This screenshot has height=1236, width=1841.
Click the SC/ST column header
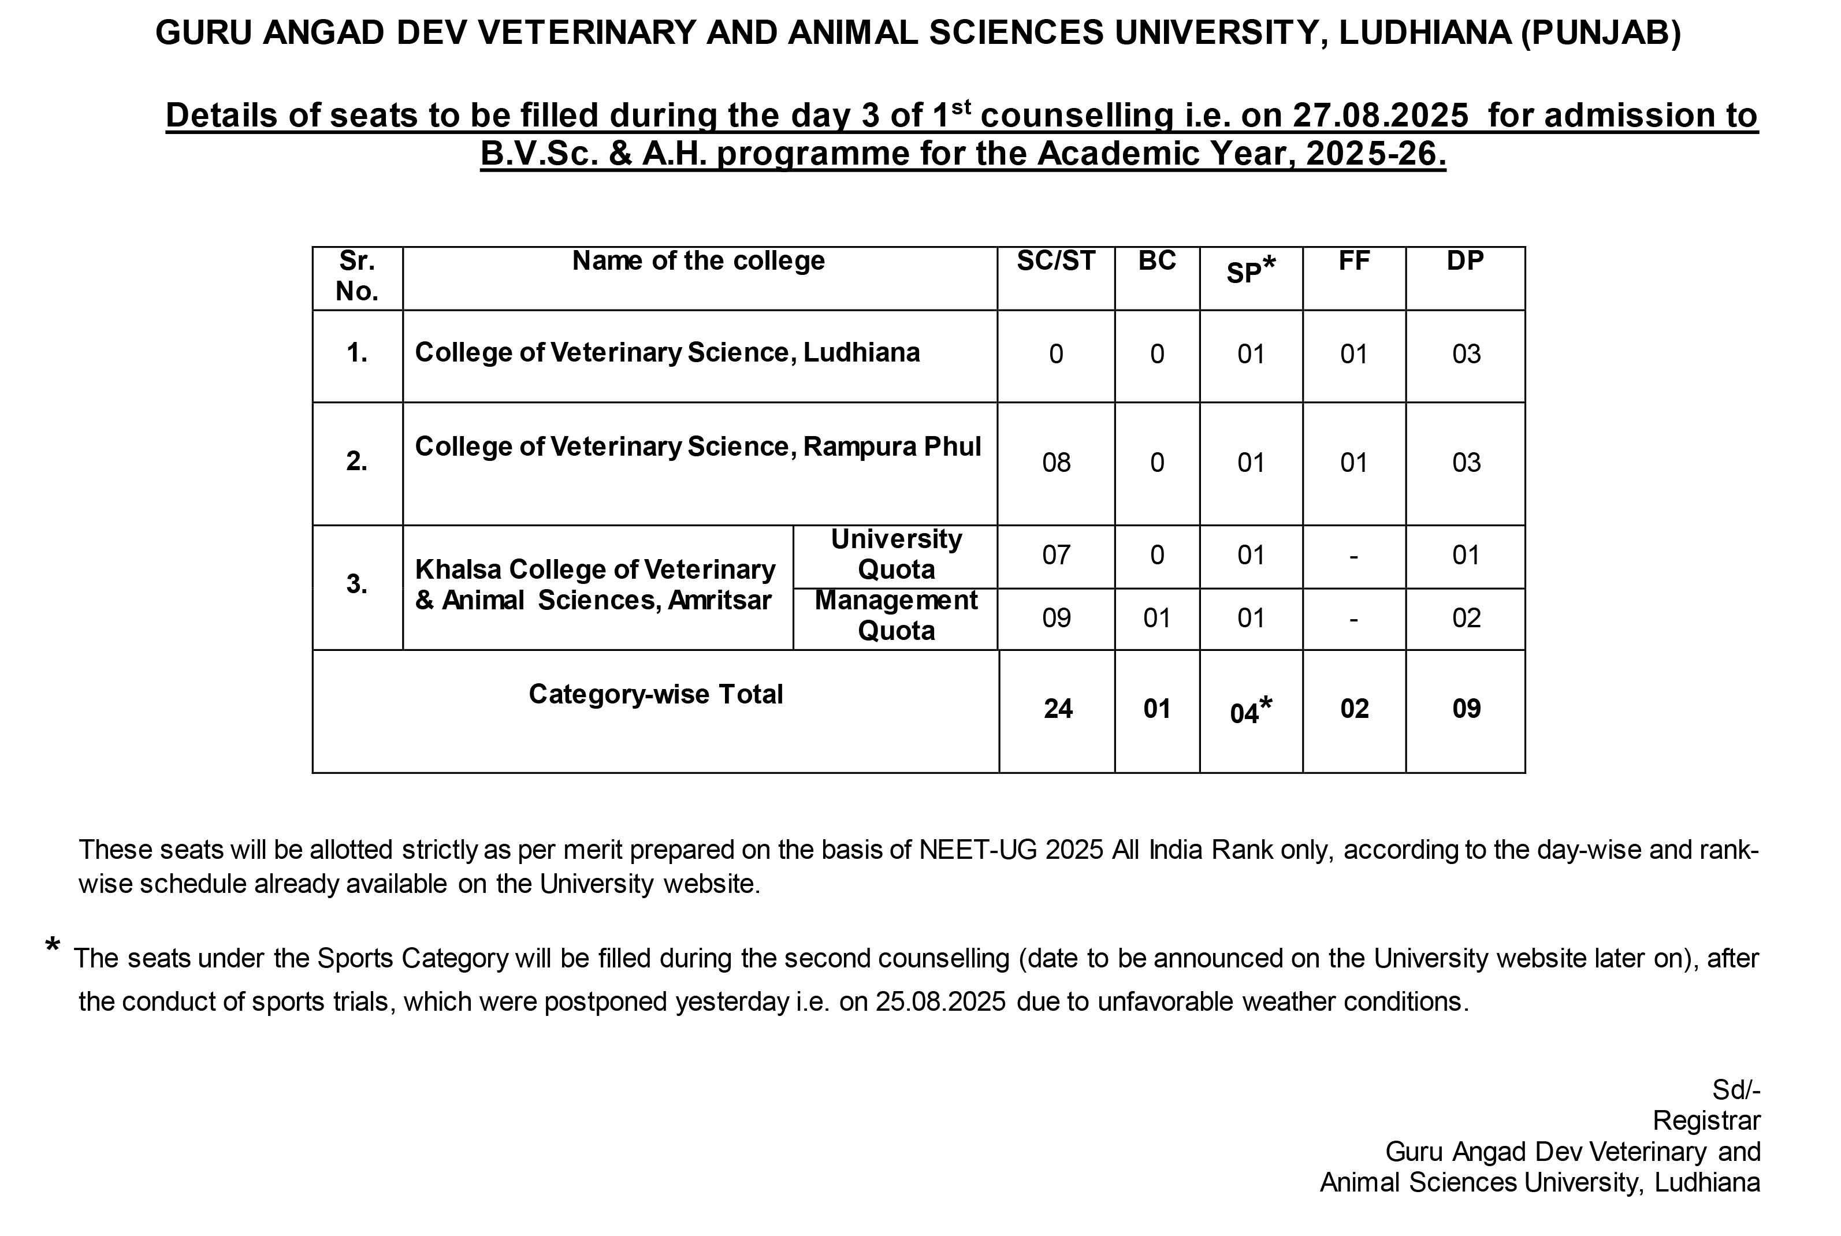click(1056, 261)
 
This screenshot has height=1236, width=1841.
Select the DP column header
click(1465, 261)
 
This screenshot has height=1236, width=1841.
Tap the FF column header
click(1354, 261)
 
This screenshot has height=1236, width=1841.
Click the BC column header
click(1156, 261)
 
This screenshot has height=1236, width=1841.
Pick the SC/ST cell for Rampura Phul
click(1056, 463)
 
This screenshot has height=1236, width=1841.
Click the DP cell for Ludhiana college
click(1466, 354)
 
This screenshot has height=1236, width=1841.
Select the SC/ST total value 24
click(1057, 709)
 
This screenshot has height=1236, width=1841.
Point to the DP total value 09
click(1466, 709)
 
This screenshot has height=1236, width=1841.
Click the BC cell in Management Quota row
click(1156, 618)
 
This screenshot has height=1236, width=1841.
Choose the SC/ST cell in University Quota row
click(1056, 556)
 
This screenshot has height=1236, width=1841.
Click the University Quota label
click(896, 554)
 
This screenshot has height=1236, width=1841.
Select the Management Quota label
click(896, 616)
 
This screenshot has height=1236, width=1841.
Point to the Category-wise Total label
click(655, 694)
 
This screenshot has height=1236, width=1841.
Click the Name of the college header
click(698, 261)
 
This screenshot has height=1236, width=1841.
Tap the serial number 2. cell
click(357, 461)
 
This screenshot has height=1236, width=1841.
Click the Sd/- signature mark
click(1735, 1089)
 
